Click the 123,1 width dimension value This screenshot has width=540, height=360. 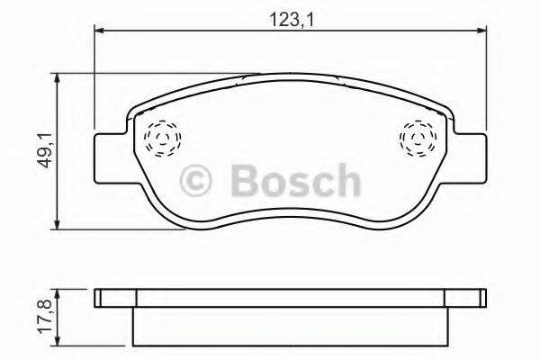(x=290, y=15)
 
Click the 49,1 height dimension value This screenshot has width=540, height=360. (x=44, y=149)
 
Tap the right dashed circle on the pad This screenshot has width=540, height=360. (x=417, y=139)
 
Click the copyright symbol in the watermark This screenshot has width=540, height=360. (x=199, y=181)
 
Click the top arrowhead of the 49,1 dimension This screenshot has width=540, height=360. (x=58, y=76)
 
